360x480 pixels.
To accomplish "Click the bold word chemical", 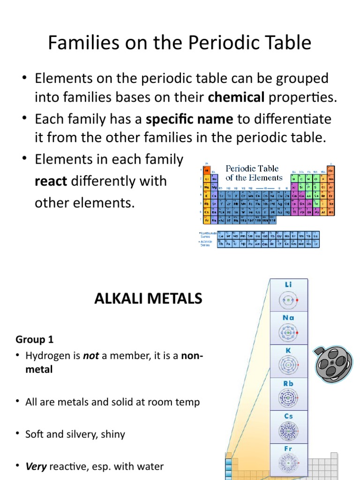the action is point(236,97).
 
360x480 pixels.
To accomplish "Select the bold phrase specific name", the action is point(189,119).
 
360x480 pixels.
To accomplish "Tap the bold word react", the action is point(51,181).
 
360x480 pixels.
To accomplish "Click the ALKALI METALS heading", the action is point(149,299).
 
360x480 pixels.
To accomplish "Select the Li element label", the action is point(289,285).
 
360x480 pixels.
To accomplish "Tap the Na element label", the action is point(289,317).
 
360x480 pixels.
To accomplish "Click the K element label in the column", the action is point(289,350).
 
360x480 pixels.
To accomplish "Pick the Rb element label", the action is point(289,383).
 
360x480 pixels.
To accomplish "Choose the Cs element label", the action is point(289,416).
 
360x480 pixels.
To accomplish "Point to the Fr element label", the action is point(289,449).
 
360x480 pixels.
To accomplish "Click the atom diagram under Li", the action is point(289,300).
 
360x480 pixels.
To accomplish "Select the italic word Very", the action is point(36,466).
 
